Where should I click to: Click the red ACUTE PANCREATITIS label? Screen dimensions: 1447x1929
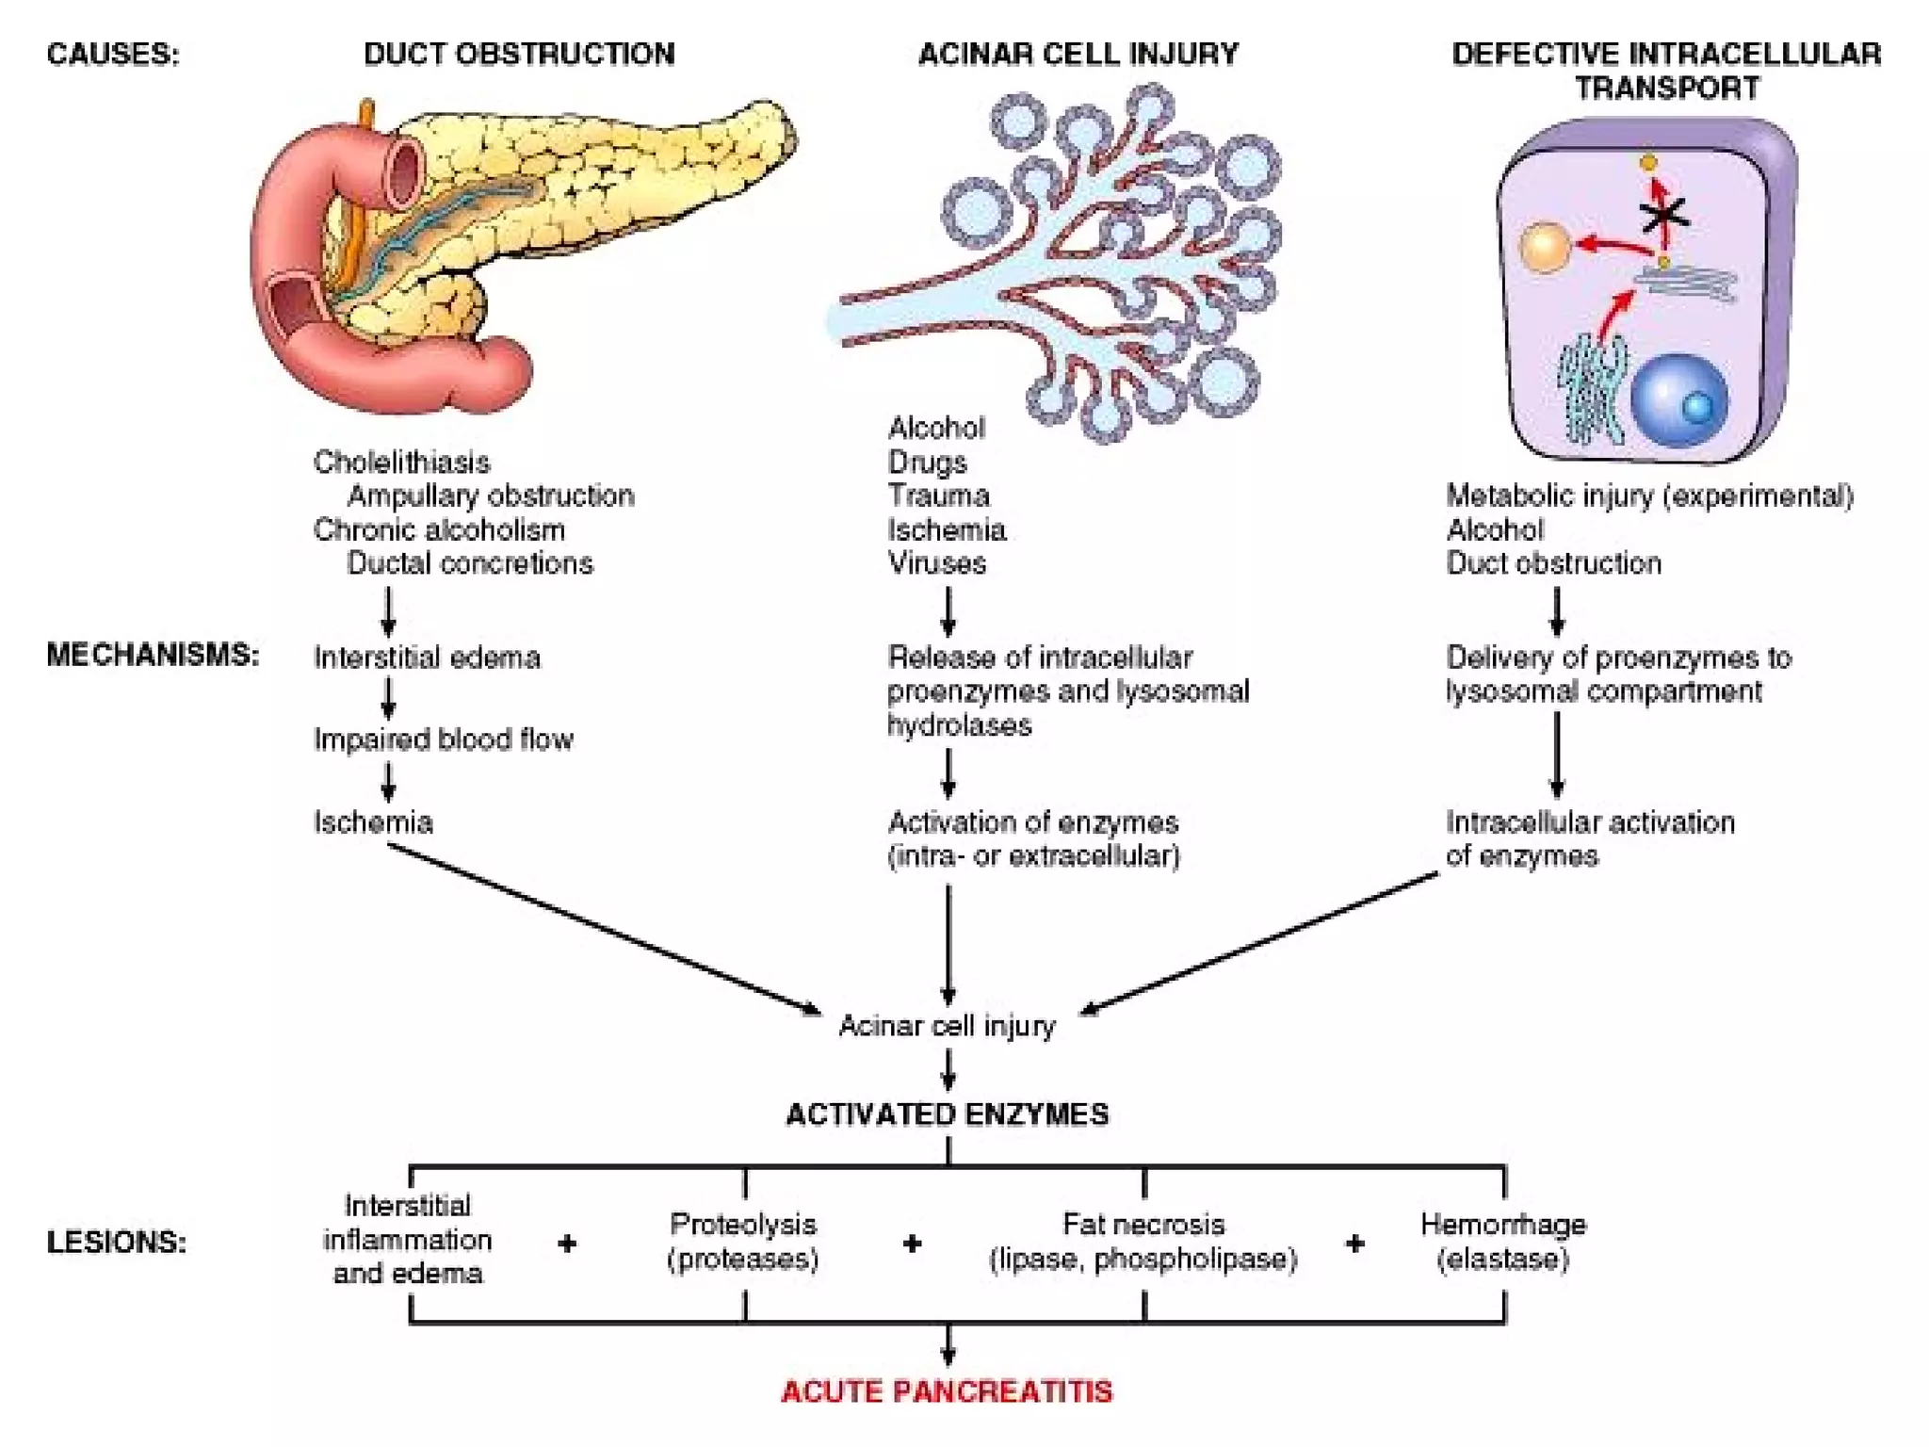(947, 1391)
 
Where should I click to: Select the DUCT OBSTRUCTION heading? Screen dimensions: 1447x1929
(519, 54)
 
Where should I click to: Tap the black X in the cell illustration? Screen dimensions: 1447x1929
(1664, 216)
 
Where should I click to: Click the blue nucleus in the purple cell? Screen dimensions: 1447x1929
(1679, 399)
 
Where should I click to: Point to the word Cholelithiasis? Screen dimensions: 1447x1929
(401, 462)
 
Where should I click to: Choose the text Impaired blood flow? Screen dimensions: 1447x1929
(443, 740)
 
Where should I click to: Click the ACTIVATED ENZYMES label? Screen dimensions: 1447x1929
(947, 1114)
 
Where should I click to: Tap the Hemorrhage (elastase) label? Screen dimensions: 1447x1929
(1503, 1242)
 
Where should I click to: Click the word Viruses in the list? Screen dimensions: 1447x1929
(936, 563)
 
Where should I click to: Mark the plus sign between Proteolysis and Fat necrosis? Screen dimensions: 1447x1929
(911, 1244)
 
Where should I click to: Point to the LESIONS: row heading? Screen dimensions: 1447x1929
(117, 1243)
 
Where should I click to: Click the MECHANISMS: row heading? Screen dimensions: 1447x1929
(153, 655)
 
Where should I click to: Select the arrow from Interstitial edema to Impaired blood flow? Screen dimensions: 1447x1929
(388, 698)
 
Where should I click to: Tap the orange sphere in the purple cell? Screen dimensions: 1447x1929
(1545, 248)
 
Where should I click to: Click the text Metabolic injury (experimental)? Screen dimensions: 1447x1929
(1649, 496)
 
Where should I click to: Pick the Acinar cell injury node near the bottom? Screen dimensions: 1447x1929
(947, 1025)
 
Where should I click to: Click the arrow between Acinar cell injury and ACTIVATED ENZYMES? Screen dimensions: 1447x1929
(948, 1070)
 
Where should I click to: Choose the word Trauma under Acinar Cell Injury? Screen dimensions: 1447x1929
(938, 496)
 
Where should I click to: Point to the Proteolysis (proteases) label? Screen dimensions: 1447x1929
(743, 1242)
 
